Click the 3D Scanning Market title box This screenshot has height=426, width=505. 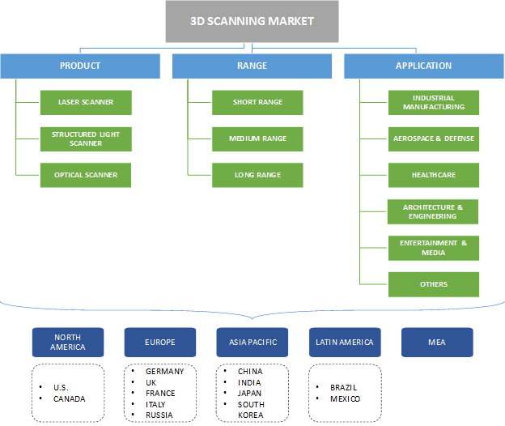[x=252, y=21]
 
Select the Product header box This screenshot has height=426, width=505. [x=80, y=66]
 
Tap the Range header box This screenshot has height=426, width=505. [x=252, y=66]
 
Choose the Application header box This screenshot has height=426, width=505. [x=423, y=66]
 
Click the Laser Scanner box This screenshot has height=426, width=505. [x=86, y=102]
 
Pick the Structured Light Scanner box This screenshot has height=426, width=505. [x=86, y=138]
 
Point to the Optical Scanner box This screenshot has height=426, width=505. [x=86, y=175]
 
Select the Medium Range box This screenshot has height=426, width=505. [x=257, y=138]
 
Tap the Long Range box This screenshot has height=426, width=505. [x=257, y=175]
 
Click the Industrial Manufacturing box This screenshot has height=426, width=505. [x=433, y=102]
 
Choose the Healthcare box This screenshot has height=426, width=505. [x=433, y=175]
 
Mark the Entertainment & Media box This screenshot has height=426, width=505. [x=433, y=248]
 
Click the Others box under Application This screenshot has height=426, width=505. [x=433, y=284]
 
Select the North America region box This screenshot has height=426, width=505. [x=68, y=343]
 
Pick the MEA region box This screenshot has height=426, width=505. [x=437, y=343]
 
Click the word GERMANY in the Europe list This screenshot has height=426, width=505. [x=164, y=372]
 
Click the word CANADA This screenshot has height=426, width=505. [x=69, y=398]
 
